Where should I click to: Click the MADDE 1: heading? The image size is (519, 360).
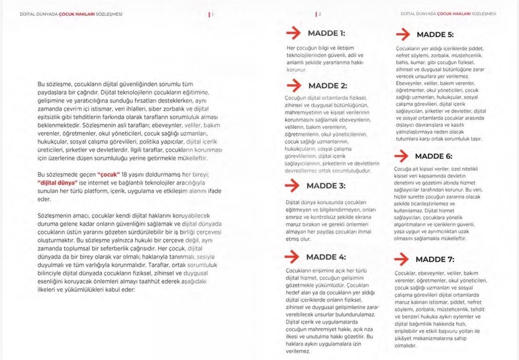pos(326,33)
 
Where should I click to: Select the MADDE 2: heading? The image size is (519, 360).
pos(327,86)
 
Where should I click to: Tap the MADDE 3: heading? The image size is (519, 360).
pos(326,186)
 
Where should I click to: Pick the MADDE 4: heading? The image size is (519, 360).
pos(327,257)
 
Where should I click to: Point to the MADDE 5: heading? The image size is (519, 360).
pos(435,35)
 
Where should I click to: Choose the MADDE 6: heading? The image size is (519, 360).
pos(434,156)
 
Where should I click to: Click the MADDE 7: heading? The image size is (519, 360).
pos(435,260)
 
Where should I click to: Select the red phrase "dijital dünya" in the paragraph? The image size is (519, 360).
pos(57,183)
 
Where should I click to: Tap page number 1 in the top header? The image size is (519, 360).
pos(213,14)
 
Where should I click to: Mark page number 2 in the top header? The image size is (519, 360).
pos(320,14)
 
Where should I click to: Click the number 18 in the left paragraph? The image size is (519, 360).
pos(125,174)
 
